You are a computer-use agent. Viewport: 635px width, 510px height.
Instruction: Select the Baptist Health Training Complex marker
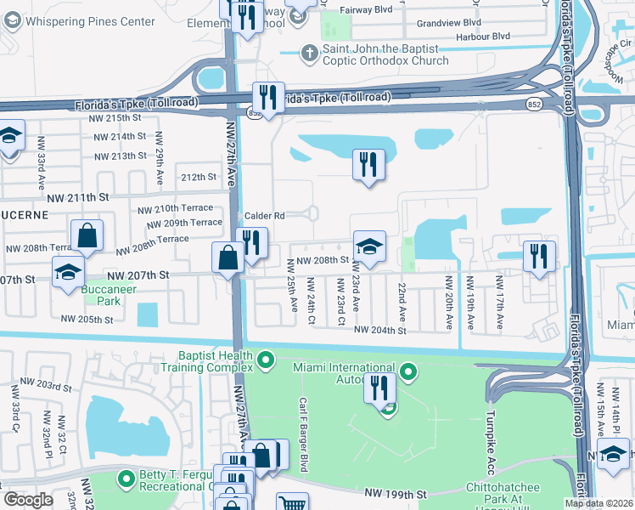[x=266, y=361]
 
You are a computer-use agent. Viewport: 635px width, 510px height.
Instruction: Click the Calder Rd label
[x=264, y=216]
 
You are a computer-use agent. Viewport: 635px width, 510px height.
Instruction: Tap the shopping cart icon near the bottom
[x=292, y=502]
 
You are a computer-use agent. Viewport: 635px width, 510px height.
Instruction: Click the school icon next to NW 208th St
[x=369, y=246]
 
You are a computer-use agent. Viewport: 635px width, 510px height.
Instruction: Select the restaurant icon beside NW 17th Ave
[x=539, y=256]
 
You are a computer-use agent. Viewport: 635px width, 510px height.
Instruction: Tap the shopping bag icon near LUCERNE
[x=87, y=235]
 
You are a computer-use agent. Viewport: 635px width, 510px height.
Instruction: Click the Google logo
[x=29, y=499]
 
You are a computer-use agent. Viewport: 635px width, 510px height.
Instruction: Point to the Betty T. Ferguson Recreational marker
[x=126, y=479]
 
